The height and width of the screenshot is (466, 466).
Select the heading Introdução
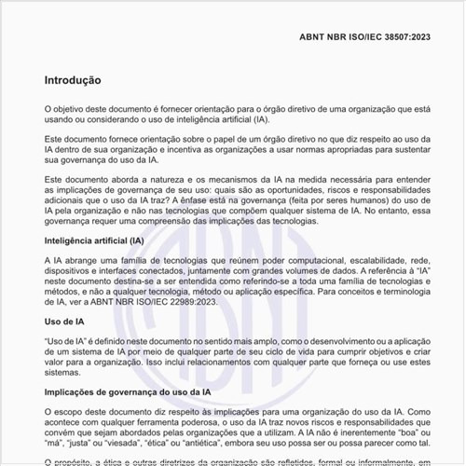tap(73, 81)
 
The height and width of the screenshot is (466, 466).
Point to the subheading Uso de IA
tap(65, 322)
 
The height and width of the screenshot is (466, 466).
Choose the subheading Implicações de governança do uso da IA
tap(128, 393)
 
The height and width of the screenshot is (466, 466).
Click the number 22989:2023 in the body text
tap(194, 302)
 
